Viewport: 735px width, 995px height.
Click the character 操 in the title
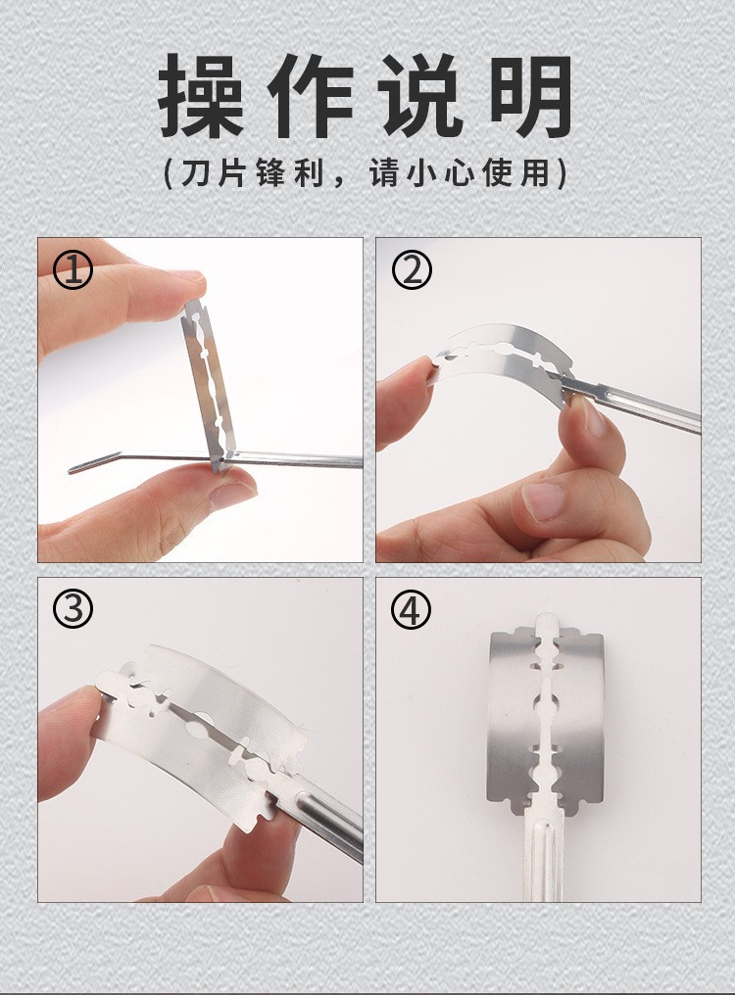(x=201, y=95)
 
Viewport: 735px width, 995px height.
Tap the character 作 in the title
(x=310, y=95)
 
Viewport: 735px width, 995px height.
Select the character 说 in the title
(x=420, y=95)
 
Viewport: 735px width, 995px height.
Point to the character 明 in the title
(x=532, y=95)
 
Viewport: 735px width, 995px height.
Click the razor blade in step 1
(x=209, y=386)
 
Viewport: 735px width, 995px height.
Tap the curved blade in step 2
(x=502, y=361)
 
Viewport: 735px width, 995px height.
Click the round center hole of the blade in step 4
(x=545, y=702)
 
